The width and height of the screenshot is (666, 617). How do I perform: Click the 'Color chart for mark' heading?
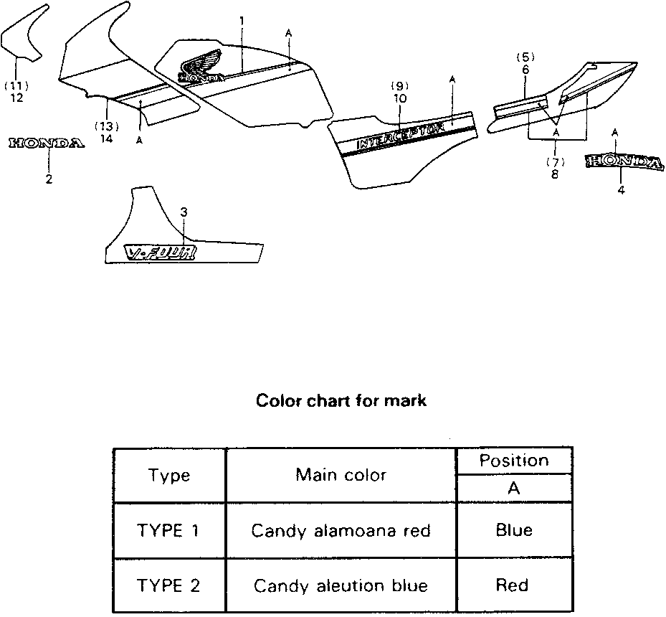pyautogui.click(x=341, y=401)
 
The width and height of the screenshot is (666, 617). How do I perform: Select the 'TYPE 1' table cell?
pyautogui.click(x=169, y=531)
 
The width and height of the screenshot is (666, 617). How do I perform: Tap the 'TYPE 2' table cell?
pyautogui.click(x=169, y=585)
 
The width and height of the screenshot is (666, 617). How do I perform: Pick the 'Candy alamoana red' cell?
pyautogui.click(x=341, y=531)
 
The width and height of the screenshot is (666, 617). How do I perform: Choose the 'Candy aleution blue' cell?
pyautogui.click(x=341, y=585)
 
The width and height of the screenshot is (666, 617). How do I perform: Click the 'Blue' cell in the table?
pyautogui.click(x=514, y=531)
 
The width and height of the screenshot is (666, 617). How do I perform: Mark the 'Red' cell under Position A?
pyautogui.click(x=514, y=585)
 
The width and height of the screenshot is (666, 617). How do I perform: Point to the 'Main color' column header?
pyautogui.click(x=341, y=475)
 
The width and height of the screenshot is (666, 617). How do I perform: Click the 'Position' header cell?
pyautogui.click(x=514, y=461)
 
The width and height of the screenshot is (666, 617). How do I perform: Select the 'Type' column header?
pyautogui.click(x=169, y=475)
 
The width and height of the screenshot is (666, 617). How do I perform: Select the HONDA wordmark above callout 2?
pyautogui.click(x=46, y=143)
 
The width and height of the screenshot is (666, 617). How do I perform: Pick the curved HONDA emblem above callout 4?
pyautogui.click(x=622, y=162)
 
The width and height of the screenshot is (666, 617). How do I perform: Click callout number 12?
pyautogui.click(x=16, y=98)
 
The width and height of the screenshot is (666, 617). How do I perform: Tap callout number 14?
pyautogui.click(x=106, y=138)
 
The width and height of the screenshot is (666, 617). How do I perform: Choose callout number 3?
pyautogui.click(x=184, y=212)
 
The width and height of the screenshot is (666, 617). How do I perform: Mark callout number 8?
pyautogui.click(x=556, y=174)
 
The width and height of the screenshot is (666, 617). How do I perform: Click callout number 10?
pyautogui.click(x=399, y=98)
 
